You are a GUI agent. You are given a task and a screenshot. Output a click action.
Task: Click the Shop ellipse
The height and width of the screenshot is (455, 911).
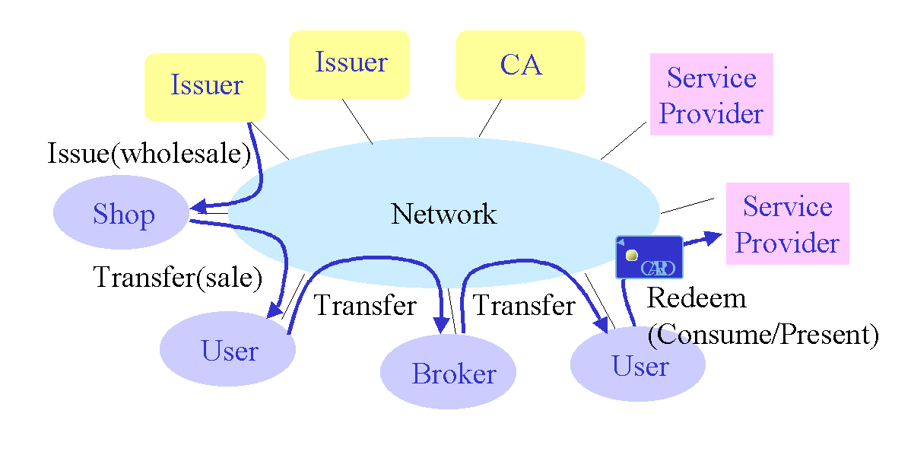click(x=122, y=214)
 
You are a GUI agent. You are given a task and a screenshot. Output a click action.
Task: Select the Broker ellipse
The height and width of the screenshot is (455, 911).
click(x=448, y=373)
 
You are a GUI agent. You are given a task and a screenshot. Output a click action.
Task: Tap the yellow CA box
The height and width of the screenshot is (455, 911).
click(x=520, y=65)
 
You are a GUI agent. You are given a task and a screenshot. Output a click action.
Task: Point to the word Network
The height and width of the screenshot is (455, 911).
click(x=443, y=214)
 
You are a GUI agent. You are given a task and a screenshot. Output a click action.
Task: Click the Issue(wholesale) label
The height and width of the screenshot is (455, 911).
click(x=149, y=154)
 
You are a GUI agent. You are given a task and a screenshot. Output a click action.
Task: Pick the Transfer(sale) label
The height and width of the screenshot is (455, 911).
click(x=177, y=277)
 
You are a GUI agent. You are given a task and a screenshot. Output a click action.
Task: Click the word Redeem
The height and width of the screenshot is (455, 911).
click(x=696, y=297)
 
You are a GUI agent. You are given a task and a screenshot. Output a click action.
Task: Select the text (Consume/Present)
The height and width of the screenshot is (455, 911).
click(x=762, y=334)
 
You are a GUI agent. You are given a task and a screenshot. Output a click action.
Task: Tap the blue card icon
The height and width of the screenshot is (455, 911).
click(x=649, y=257)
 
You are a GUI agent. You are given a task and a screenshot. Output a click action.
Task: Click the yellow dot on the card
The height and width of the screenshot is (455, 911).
click(x=631, y=255)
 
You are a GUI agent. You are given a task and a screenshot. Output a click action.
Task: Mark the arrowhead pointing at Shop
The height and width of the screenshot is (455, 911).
click(x=198, y=206)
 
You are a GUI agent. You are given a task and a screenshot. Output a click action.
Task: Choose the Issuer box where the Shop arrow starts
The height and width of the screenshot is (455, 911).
click(x=205, y=86)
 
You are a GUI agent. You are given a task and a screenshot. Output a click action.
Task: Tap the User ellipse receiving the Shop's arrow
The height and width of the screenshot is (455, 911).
click(x=227, y=349)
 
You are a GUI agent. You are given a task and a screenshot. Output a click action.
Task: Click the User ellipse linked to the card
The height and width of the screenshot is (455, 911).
click(x=637, y=365)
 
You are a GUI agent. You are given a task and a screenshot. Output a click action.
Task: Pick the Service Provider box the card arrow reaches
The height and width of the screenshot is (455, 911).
click(x=787, y=224)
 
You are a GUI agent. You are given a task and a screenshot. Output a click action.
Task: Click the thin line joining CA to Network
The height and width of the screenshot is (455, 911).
click(x=490, y=118)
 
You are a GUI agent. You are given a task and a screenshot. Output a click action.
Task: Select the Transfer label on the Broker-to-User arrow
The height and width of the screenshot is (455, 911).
click(x=524, y=306)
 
